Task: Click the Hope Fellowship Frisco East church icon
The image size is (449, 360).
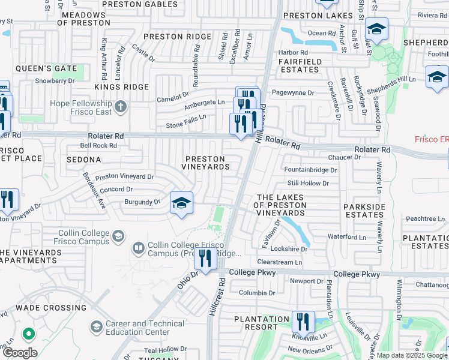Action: point(121,107)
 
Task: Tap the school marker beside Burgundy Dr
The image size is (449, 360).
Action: point(181,203)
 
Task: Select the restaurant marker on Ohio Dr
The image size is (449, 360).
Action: point(206,259)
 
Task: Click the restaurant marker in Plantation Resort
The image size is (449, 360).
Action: point(303,322)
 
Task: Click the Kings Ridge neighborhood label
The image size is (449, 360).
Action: point(121,87)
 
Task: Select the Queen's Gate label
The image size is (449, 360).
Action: point(46,68)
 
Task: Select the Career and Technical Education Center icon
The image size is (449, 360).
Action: point(96,327)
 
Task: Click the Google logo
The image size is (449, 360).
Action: point(20,353)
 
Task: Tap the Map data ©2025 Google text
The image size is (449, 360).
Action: point(411,355)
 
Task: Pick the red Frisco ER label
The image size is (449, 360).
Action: point(432,139)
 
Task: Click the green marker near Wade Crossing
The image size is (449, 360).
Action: point(28,333)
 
